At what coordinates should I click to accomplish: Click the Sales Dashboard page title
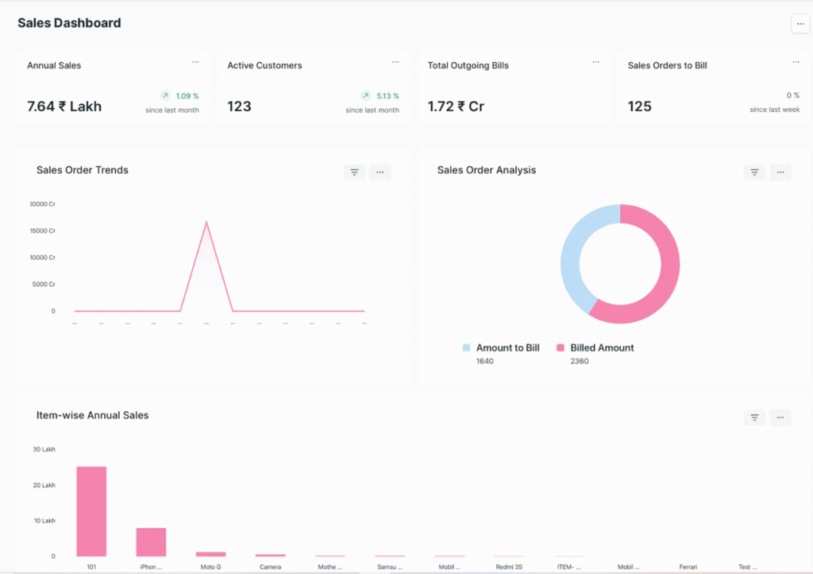[x=69, y=23]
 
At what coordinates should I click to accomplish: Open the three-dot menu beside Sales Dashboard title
[x=800, y=24]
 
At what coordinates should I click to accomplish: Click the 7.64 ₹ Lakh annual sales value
[x=64, y=107]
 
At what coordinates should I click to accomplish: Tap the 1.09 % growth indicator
[x=187, y=96]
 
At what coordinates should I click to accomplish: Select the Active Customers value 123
[x=239, y=107]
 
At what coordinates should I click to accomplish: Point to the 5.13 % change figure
[x=387, y=96]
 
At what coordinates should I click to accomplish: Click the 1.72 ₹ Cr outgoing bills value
[x=456, y=107]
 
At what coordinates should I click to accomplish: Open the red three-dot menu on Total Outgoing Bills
[x=595, y=62]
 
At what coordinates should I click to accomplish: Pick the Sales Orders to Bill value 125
[x=639, y=107]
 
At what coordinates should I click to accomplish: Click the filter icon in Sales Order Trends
[x=354, y=173]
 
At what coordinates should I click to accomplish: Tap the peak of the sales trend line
[x=206, y=223]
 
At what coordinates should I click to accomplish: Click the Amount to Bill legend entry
[x=507, y=348]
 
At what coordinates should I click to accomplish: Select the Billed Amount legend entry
[x=602, y=348]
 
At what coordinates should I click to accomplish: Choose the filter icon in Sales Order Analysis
[x=754, y=173]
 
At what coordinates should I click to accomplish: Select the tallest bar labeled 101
[x=91, y=511]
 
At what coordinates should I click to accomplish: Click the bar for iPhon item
[x=151, y=542]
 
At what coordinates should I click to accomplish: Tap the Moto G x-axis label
[x=210, y=568]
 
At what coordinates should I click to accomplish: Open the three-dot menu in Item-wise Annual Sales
[x=780, y=417]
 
